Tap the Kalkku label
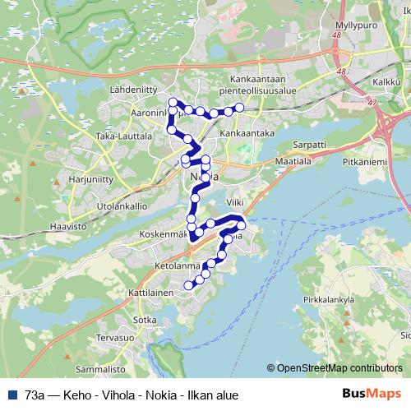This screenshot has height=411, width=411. click(x=386, y=83)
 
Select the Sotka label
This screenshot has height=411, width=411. click(x=145, y=320)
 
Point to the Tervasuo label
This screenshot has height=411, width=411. click(x=115, y=338)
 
